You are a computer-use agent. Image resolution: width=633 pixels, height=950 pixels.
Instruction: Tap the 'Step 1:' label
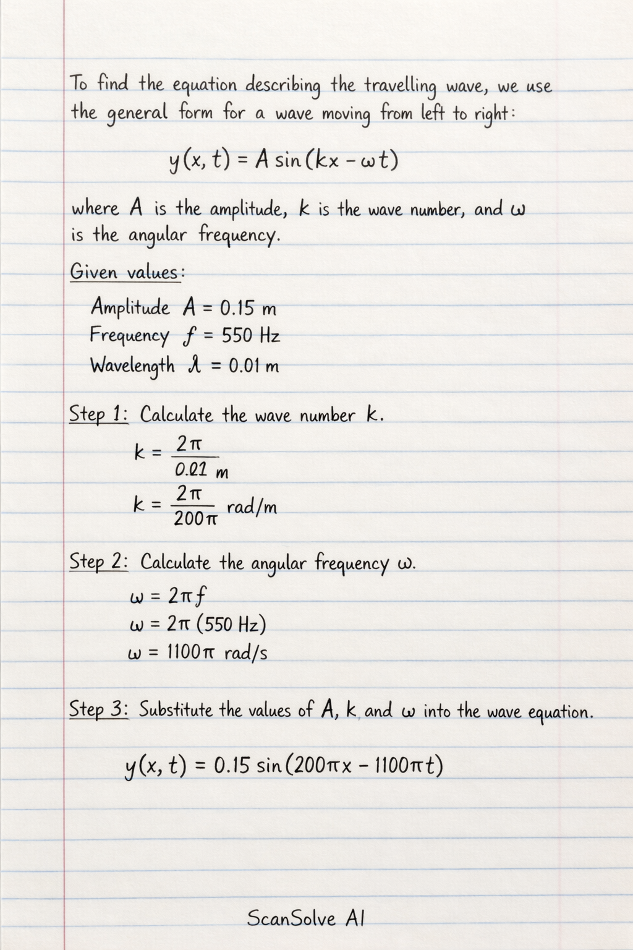(98, 414)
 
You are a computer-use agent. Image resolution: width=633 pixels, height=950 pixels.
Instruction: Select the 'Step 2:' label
(98, 562)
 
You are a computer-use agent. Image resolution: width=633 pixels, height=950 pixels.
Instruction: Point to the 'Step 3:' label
(98, 709)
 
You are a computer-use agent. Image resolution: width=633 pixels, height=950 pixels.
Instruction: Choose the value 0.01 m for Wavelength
(254, 366)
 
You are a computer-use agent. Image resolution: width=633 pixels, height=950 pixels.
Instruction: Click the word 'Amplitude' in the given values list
(130, 307)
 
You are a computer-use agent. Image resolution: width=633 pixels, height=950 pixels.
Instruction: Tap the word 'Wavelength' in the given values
(132, 366)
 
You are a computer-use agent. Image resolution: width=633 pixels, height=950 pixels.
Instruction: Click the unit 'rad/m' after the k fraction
(252, 508)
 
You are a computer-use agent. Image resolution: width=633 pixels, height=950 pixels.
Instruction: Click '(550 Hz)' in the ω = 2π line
(231, 624)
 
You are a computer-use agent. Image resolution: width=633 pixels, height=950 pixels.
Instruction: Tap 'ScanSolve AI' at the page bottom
(305, 918)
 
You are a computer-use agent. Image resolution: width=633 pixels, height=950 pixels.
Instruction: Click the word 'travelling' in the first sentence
(400, 86)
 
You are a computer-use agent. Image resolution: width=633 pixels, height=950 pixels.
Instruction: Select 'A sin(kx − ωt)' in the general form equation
(327, 161)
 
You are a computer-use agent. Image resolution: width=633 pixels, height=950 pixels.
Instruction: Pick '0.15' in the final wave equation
(232, 766)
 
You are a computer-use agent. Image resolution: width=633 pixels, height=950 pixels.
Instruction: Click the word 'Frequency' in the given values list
(129, 336)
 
